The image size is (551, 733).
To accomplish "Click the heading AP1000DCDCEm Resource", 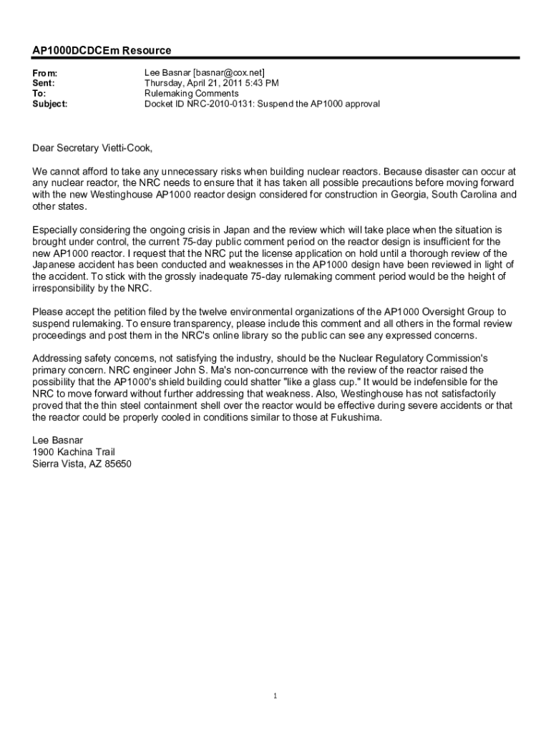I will coord(102,51).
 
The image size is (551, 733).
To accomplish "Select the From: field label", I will coord(45,74).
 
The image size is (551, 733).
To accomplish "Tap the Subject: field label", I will coord(50,104).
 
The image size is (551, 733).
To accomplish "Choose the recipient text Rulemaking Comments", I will coord(191,94).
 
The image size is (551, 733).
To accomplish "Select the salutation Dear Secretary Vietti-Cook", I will coord(93,148).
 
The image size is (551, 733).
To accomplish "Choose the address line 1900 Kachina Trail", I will coord(74,452).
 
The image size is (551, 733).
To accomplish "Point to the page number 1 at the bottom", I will coord(275,695).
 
